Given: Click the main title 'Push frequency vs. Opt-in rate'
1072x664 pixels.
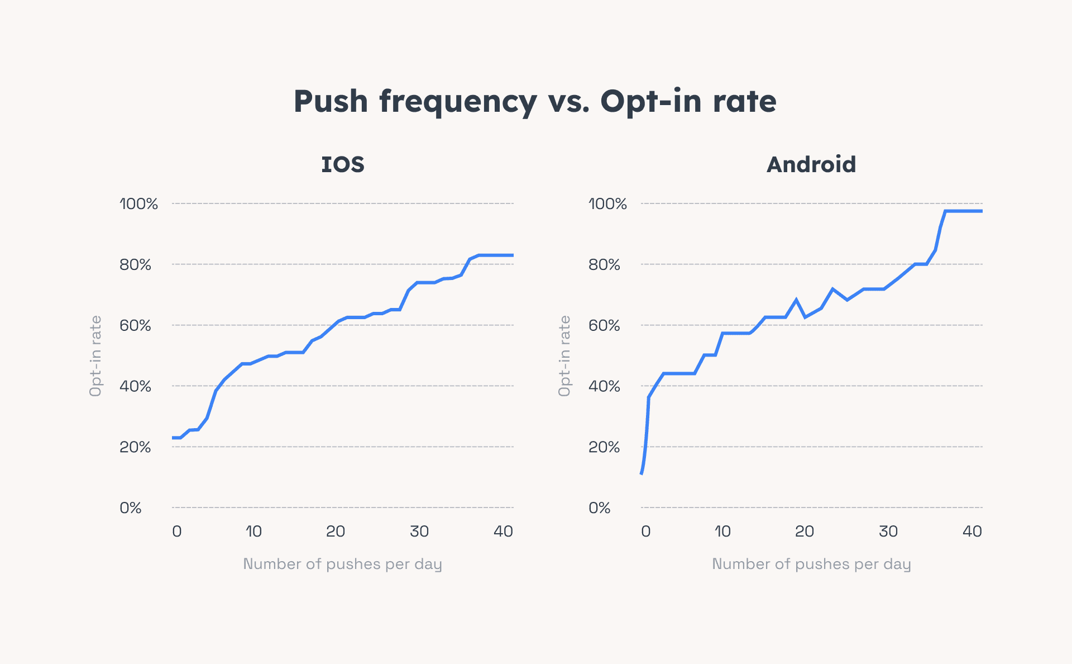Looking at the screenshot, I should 535,102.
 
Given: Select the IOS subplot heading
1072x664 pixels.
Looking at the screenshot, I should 343,165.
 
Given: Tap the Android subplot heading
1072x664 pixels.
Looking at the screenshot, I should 811,165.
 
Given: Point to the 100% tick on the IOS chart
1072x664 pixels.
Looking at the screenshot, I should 138,204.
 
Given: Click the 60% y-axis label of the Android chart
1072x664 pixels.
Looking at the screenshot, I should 604,325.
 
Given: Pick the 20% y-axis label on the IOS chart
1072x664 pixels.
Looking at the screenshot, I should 135,447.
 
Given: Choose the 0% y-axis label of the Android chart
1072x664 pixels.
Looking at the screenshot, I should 600,508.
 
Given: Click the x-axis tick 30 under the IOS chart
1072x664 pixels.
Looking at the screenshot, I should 419,532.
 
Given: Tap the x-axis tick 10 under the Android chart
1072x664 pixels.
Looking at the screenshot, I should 722,532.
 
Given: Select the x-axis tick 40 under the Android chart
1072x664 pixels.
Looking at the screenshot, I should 972,532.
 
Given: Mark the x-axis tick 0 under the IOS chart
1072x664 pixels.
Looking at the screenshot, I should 177,532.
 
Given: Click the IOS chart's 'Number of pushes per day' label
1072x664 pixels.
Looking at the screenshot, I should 342,564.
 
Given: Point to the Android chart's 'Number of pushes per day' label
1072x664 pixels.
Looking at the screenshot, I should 811,564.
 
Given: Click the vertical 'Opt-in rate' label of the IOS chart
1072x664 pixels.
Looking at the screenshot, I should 95,356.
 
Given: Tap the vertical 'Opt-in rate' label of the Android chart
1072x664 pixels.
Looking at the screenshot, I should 564,356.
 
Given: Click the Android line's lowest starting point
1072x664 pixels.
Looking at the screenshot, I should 642,473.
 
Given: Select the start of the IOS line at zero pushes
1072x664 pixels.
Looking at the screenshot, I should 174,438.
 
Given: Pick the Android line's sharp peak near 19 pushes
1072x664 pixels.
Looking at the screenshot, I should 796,300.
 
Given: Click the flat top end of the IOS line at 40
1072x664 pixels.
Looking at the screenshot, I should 511,255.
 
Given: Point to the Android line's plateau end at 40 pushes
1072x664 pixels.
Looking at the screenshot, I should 980,211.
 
